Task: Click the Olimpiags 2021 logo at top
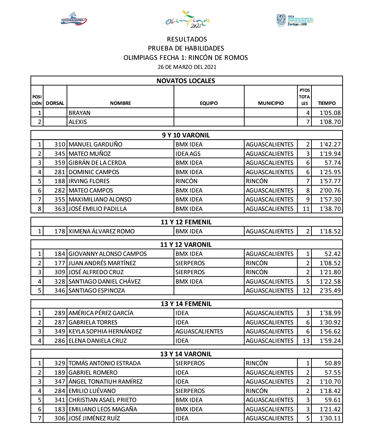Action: point(187,19)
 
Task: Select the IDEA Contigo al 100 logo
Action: point(294,20)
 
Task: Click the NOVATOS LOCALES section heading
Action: point(186,81)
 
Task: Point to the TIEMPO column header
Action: point(327,103)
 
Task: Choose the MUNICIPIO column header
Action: point(271,103)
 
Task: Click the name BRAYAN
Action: point(79,113)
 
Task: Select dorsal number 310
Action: point(60,144)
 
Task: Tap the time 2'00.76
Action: point(330,190)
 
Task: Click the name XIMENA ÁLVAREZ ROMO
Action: point(102,231)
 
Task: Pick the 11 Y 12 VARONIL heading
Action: point(186,245)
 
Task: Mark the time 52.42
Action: point(333,254)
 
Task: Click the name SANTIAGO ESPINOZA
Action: point(97,290)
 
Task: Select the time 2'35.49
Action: point(330,290)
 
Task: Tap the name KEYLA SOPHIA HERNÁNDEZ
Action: point(105,331)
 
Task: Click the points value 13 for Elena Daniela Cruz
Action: point(306,341)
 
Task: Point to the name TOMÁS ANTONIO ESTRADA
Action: point(105,363)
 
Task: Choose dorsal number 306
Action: point(60,418)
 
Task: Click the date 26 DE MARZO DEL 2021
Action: point(187,67)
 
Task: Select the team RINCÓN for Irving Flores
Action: point(186,181)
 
